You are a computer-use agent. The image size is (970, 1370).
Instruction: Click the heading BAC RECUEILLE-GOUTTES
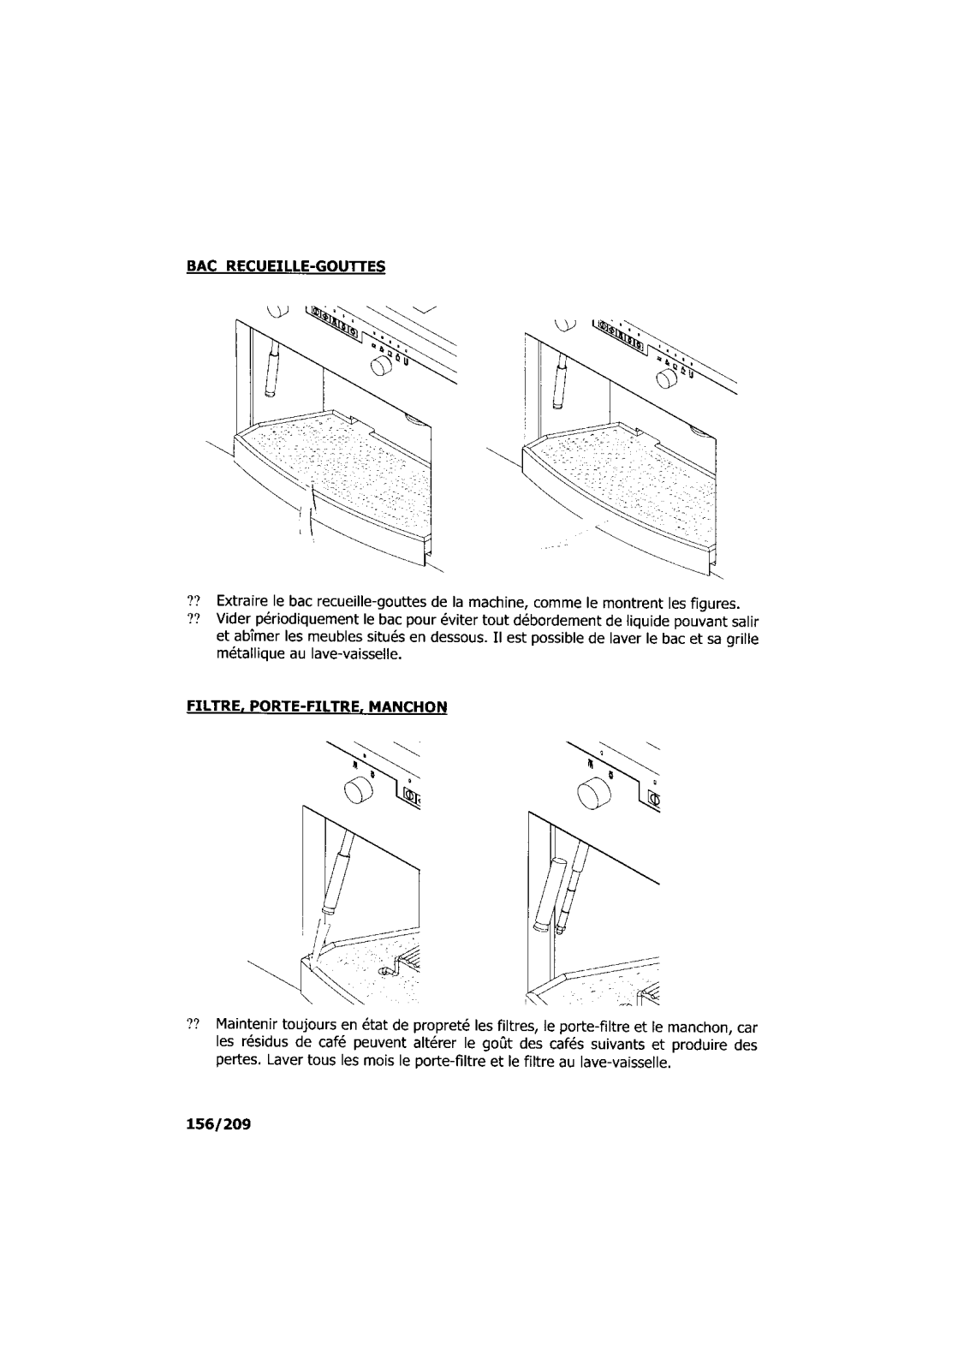(x=286, y=266)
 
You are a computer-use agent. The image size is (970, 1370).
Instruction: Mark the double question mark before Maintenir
(x=193, y=1025)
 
